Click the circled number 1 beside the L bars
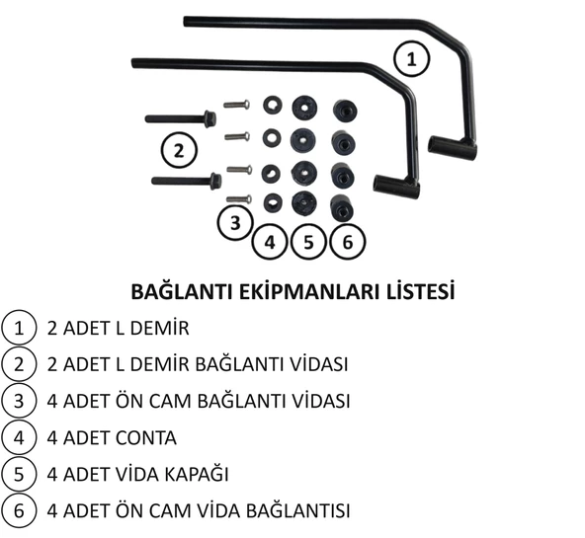tap(412, 59)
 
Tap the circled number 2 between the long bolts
tap(179, 151)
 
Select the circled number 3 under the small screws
tap(235, 222)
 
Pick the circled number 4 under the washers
tap(270, 242)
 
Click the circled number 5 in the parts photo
tap(308, 242)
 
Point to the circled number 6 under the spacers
tap(348, 242)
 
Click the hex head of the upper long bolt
tap(210, 118)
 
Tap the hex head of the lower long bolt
tap(215, 181)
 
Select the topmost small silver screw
tap(236, 105)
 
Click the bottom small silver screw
tap(239, 199)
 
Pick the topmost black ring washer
tap(273, 105)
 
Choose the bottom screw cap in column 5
tap(303, 202)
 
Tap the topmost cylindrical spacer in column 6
tap(345, 111)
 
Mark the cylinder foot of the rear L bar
tap(453, 148)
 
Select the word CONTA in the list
tap(146, 437)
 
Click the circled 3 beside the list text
tap(19, 401)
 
